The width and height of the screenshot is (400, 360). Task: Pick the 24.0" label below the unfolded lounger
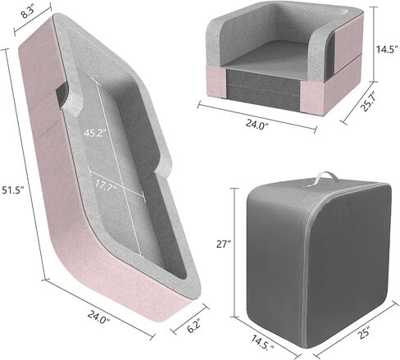coord(98,317)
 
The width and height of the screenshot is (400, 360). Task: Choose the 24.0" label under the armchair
coord(257,125)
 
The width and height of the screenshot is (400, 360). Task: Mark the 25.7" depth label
coord(367,101)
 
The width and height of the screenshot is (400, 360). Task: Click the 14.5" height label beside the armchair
coord(386,49)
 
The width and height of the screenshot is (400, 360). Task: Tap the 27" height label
coord(224,244)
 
